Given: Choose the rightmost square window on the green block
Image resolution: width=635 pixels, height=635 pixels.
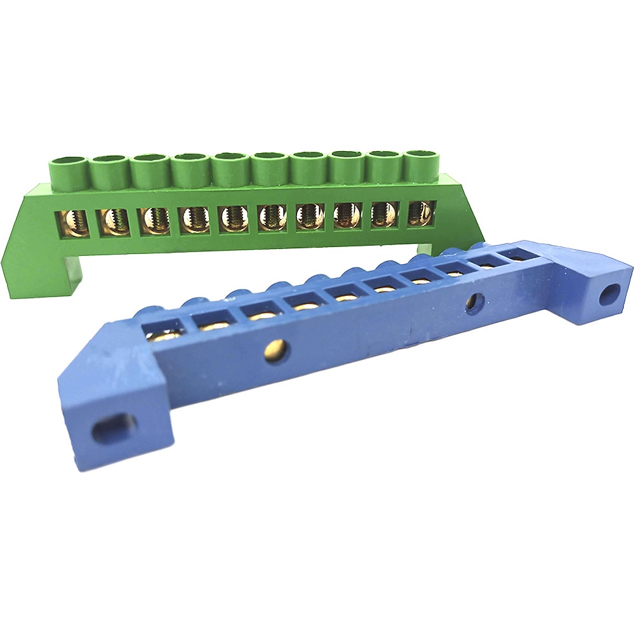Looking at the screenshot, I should (x=421, y=213).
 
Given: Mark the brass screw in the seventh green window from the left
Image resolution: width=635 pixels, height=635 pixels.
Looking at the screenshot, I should (x=309, y=216).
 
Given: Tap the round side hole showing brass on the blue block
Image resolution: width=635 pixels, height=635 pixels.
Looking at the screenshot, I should (x=277, y=348).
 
